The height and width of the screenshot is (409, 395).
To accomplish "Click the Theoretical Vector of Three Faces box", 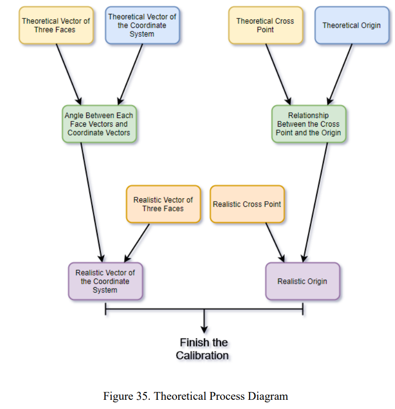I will [56, 25].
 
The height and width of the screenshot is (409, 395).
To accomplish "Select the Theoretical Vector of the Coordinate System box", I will [142, 25].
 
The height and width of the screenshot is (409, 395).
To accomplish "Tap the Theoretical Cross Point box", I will [265, 25].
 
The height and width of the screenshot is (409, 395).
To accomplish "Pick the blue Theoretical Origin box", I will [351, 25].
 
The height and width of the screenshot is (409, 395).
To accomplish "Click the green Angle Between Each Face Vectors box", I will [99, 124].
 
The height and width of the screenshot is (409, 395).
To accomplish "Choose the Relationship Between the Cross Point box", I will [308, 124].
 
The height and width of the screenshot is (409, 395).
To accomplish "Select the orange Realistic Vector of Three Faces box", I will [163, 204].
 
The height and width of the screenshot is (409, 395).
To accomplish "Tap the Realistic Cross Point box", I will [247, 204].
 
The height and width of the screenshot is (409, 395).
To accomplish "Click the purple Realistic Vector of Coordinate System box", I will [105, 281].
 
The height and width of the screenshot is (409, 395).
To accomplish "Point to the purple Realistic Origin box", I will [302, 281].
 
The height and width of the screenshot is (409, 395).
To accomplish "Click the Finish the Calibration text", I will [203, 349].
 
